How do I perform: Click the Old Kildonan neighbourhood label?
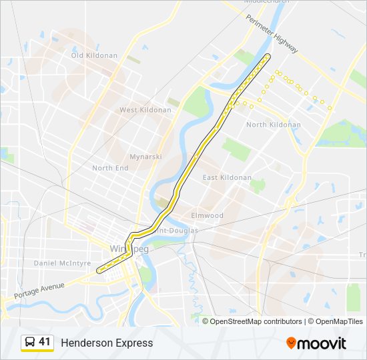94,55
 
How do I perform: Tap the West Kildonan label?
145,109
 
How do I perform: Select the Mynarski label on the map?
146,157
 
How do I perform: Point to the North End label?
110,168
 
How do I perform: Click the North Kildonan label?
274,125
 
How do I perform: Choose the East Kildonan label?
228,177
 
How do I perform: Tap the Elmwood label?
208,215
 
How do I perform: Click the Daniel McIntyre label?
62,263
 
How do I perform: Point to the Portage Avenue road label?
39,290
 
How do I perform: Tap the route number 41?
45,342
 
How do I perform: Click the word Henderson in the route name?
85,343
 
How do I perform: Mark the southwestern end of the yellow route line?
98,271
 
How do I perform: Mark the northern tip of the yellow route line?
268,55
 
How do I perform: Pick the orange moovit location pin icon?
291,343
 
